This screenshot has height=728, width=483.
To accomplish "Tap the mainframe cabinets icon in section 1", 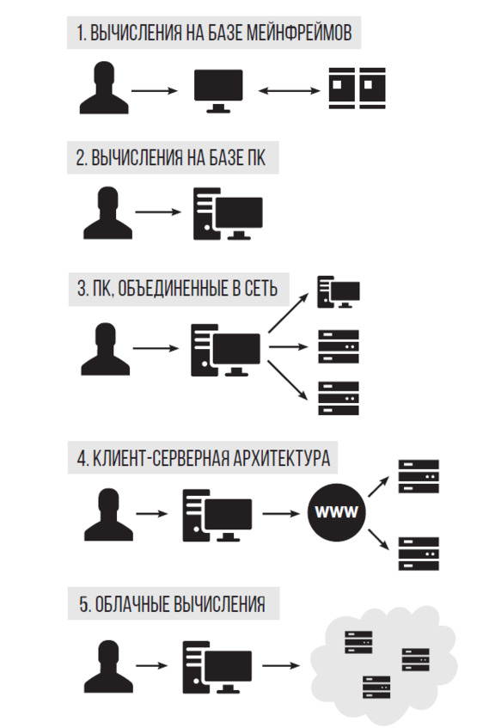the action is point(357,89).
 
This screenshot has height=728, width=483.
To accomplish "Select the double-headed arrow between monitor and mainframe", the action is point(290,90).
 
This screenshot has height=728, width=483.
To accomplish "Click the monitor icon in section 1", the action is point(218,91).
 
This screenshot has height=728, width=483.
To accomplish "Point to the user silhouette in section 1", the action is point(104,88).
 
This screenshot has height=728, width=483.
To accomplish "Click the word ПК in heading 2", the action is point(254,158).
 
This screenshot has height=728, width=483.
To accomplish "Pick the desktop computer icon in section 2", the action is point(228,213).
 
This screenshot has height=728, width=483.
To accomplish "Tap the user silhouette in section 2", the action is point(107,213).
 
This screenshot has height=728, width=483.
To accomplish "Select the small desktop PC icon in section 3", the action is point(339,292).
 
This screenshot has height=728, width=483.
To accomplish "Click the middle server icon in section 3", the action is point(339,346).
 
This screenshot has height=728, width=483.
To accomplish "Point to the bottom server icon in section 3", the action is point(339,398).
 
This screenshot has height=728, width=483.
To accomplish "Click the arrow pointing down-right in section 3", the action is point(288,380).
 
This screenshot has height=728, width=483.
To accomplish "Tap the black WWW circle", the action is point(337,512).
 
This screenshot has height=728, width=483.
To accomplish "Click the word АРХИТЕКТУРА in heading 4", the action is point(281,458).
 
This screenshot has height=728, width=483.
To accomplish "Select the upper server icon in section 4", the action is point(419,476).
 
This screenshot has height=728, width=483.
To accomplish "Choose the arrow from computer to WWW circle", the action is point(281,513).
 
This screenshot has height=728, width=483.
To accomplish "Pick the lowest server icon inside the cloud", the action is point(376,687).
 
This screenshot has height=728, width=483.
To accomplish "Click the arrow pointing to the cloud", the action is point(281,665).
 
